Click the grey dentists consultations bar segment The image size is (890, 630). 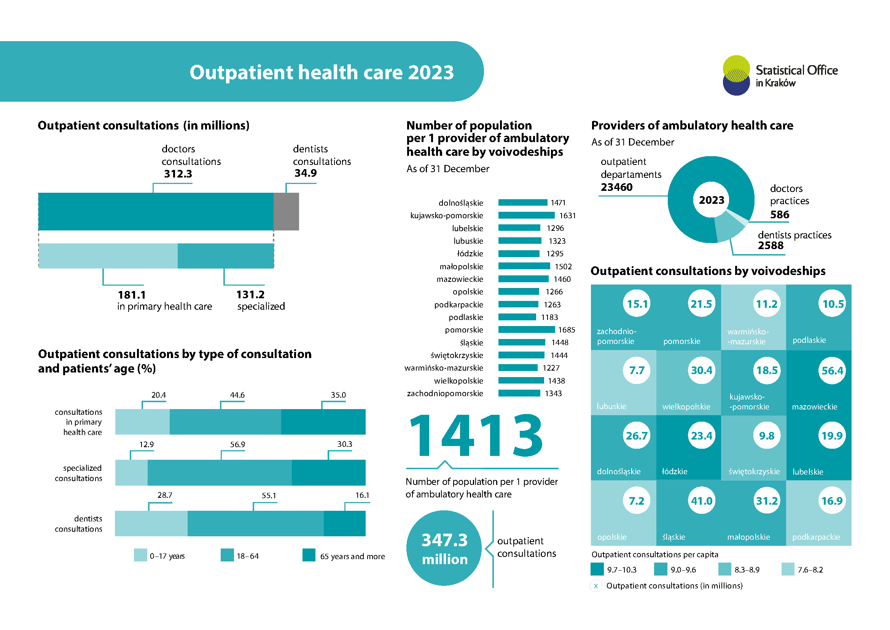(286, 211)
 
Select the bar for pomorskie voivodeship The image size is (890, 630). (526, 330)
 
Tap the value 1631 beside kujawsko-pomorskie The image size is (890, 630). (567, 216)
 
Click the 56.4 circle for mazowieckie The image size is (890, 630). (832, 371)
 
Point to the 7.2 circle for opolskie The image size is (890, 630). (637, 501)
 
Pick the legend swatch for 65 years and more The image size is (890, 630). (309, 555)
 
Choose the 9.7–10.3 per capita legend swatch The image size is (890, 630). (597, 569)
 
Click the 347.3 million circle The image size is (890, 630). (444, 548)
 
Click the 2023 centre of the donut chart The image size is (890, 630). (711, 200)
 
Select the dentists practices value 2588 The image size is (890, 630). (771, 246)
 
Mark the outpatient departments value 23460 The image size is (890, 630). (617, 187)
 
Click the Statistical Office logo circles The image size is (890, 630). (736, 75)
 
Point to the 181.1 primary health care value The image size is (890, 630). (132, 295)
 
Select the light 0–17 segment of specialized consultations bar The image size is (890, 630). (131, 472)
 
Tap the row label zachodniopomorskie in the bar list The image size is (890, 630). (445, 394)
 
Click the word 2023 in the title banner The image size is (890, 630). (431, 72)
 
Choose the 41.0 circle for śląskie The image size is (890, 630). (702, 501)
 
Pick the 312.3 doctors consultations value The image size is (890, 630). (178, 174)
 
